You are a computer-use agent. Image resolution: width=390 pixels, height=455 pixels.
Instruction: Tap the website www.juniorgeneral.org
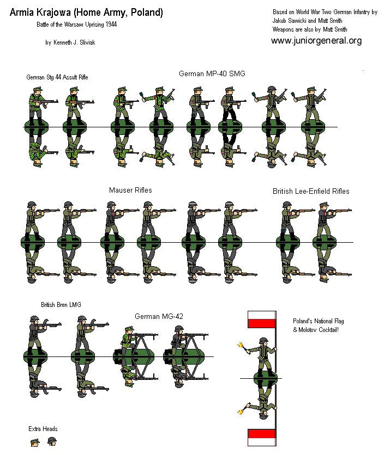[x=316, y=41]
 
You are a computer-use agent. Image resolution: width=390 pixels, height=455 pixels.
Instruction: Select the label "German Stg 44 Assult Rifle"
[x=57, y=77]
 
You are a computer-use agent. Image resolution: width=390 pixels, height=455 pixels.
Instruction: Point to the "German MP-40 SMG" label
[x=211, y=73]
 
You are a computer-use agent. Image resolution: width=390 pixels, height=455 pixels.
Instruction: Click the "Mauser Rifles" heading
[x=130, y=190]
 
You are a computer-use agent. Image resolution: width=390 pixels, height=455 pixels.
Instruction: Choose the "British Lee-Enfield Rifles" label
[x=311, y=191]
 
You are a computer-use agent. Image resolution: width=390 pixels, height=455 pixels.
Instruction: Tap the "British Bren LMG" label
[x=61, y=305]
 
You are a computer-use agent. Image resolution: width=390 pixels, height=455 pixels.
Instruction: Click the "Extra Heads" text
[x=43, y=429]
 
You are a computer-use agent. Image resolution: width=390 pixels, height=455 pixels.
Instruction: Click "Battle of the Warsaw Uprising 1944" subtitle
[x=76, y=25]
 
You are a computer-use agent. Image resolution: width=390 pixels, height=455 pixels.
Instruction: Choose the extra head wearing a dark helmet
[x=52, y=441]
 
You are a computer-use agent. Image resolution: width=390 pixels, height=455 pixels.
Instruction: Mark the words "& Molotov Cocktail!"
[x=316, y=330]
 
